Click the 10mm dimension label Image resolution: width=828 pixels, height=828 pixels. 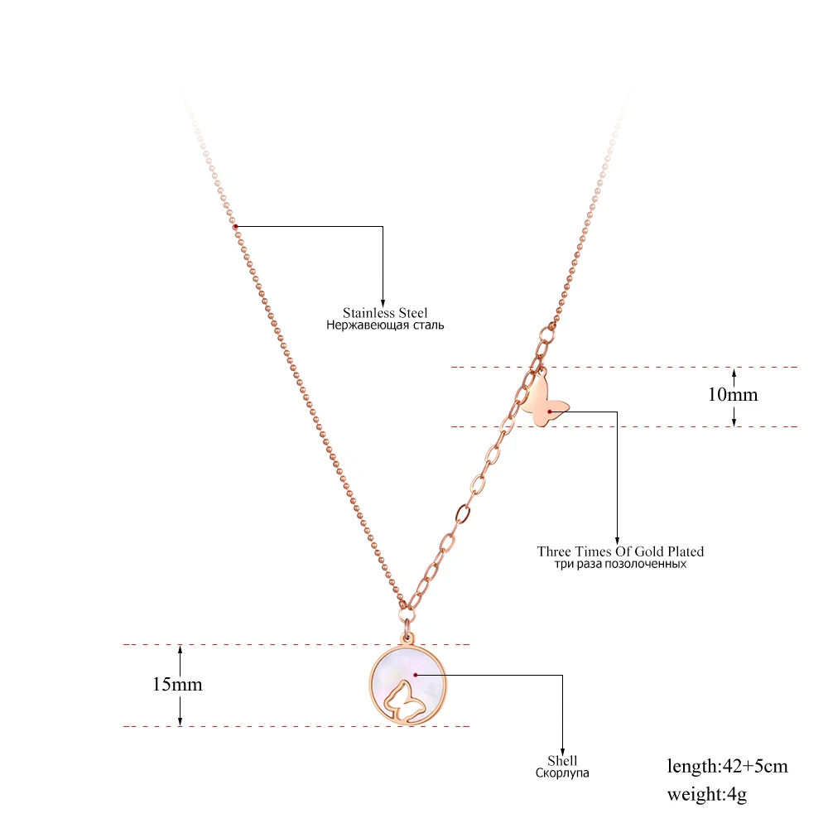point(732,395)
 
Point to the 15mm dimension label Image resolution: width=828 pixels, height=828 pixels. point(177,685)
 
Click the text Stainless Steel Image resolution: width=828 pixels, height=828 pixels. point(385,313)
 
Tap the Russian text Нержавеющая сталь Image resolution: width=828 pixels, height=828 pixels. point(385,325)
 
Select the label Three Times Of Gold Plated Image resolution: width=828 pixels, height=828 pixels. point(620,551)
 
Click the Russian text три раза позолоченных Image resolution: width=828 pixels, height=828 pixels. point(620,564)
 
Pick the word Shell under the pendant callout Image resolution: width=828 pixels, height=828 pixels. point(562,761)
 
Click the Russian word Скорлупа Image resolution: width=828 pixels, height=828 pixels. point(561,773)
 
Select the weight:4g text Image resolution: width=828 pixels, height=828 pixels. point(707,795)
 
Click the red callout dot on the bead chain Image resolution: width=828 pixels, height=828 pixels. point(235,226)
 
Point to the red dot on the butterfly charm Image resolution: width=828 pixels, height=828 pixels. point(549,411)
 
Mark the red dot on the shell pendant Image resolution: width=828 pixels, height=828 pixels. point(416,675)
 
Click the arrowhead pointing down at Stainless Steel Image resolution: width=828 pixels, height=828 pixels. point(383,303)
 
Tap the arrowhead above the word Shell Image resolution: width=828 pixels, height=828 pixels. point(562,750)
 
